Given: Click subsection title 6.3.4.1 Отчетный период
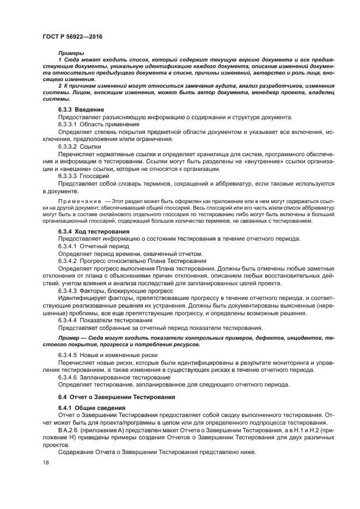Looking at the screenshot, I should point(89,246).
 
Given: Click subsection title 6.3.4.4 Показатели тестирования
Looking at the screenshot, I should point(97,320).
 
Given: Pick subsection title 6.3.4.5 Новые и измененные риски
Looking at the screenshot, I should point(100,354).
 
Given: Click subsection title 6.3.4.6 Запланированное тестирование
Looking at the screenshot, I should point(106,377).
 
